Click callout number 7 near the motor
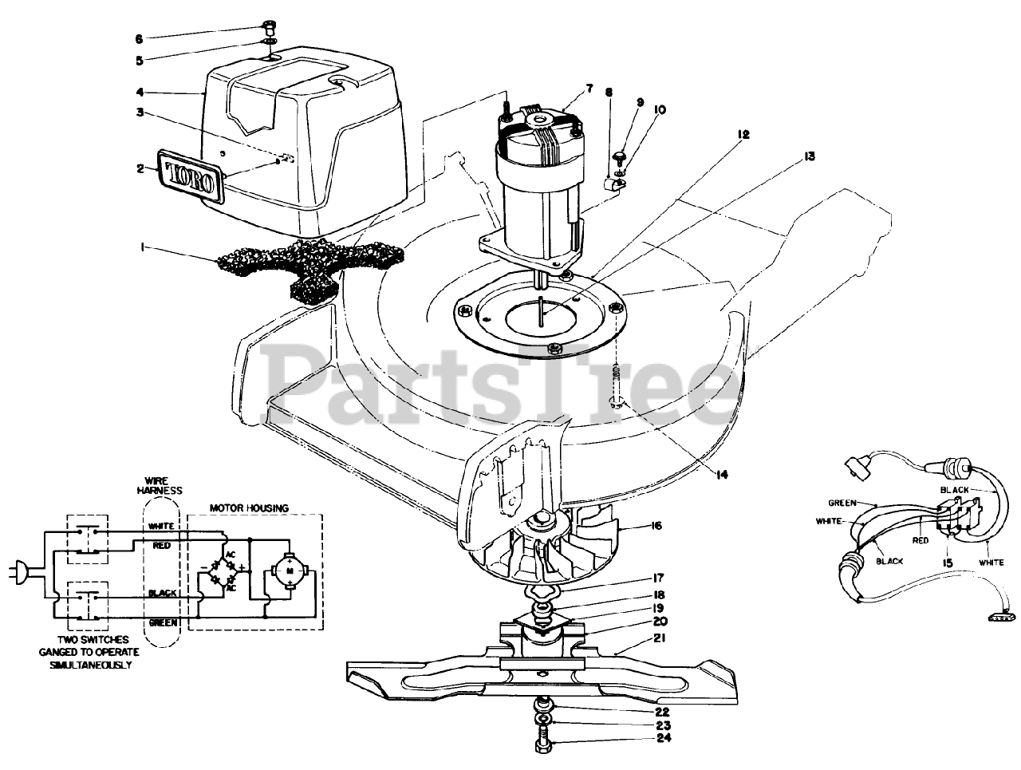[x=589, y=89]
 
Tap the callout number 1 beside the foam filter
[x=143, y=248]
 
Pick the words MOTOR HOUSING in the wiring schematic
[x=249, y=507]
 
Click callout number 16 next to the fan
[x=656, y=526]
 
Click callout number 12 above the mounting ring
[x=743, y=136]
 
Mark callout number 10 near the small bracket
[x=660, y=109]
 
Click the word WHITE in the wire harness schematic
[x=162, y=527]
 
